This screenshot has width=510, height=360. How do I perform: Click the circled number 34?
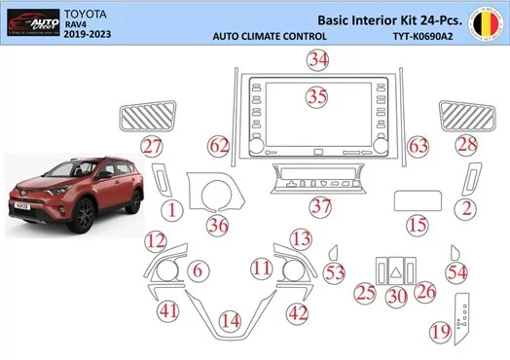pos(315,59)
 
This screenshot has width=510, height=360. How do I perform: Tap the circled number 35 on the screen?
pos(315,96)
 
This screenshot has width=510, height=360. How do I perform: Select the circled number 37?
pos(320,206)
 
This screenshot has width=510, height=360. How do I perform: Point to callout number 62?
pos(221,147)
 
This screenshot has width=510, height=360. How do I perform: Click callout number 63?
pos(418,147)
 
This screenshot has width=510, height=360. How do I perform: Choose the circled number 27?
pos(150,147)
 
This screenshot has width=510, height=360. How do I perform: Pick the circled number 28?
pos(467,147)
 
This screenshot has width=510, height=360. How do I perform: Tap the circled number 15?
pos(418,226)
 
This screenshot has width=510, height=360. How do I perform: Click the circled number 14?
pos(229,320)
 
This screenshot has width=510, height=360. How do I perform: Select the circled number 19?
pos(440,332)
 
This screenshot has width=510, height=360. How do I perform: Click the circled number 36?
pos(218,225)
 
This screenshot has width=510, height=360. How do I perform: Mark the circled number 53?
pos(335,274)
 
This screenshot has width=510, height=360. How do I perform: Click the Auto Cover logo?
pos(29,22)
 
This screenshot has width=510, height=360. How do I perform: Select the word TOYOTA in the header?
pos(87,12)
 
